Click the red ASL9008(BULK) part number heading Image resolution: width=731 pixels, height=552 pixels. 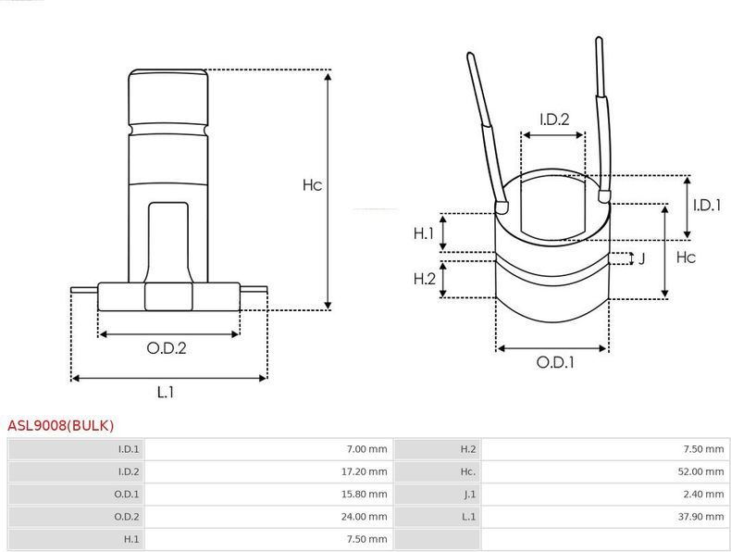[x=60, y=425]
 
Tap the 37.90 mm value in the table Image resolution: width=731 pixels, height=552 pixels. [x=700, y=517]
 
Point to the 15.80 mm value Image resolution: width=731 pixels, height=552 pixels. [x=364, y=495]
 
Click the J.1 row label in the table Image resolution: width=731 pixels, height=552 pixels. [x=470, y=495]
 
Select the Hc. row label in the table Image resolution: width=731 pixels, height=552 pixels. [x=468, y=471]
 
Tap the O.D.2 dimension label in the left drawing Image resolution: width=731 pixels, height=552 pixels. [x=167, y=348]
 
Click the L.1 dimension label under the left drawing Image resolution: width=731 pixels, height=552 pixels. [x=166, y=392]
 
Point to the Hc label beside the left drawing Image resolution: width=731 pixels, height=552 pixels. [x=313, y=185]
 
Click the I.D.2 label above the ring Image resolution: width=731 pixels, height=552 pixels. [x=554, y=119]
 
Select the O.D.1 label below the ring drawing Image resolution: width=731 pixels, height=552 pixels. [x=555, y=362]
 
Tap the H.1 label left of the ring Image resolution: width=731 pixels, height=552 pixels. [x=424, y=233]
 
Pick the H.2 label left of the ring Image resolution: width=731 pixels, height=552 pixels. [x=424, y=279]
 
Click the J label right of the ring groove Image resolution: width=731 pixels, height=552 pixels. [x=642, y=258]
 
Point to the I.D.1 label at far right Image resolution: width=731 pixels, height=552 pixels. [x=707, y=205]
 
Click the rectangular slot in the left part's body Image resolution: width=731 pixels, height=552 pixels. [x=168, y=242]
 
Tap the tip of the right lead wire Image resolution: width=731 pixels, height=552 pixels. [x=599, y=39]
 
